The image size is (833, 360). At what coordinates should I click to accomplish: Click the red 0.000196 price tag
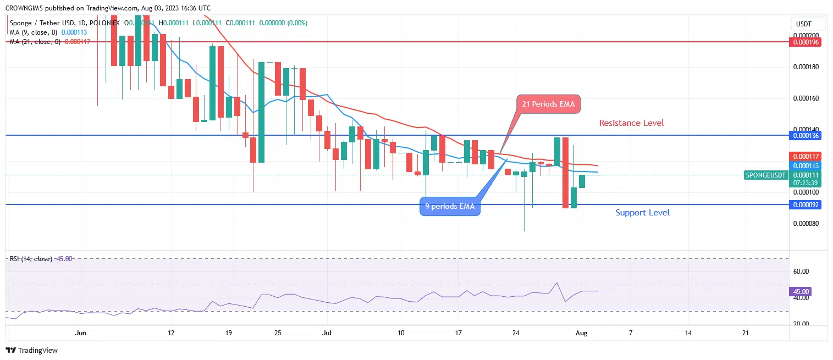805,42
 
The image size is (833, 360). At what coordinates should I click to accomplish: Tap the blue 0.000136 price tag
805,135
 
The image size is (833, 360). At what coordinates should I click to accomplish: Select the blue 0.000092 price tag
805,204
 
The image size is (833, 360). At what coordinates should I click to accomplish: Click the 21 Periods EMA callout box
548,104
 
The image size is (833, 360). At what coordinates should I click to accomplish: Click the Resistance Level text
631,123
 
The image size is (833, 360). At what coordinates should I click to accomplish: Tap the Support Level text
642,212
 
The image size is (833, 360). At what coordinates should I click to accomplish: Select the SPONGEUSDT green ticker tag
765,175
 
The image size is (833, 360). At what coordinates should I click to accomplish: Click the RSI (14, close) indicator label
31,259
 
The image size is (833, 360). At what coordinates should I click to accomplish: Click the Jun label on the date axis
81,333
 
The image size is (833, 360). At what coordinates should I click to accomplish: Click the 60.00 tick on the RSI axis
802,272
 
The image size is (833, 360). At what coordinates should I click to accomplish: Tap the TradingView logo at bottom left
32,350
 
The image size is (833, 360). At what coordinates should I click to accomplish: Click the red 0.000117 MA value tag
805,156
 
